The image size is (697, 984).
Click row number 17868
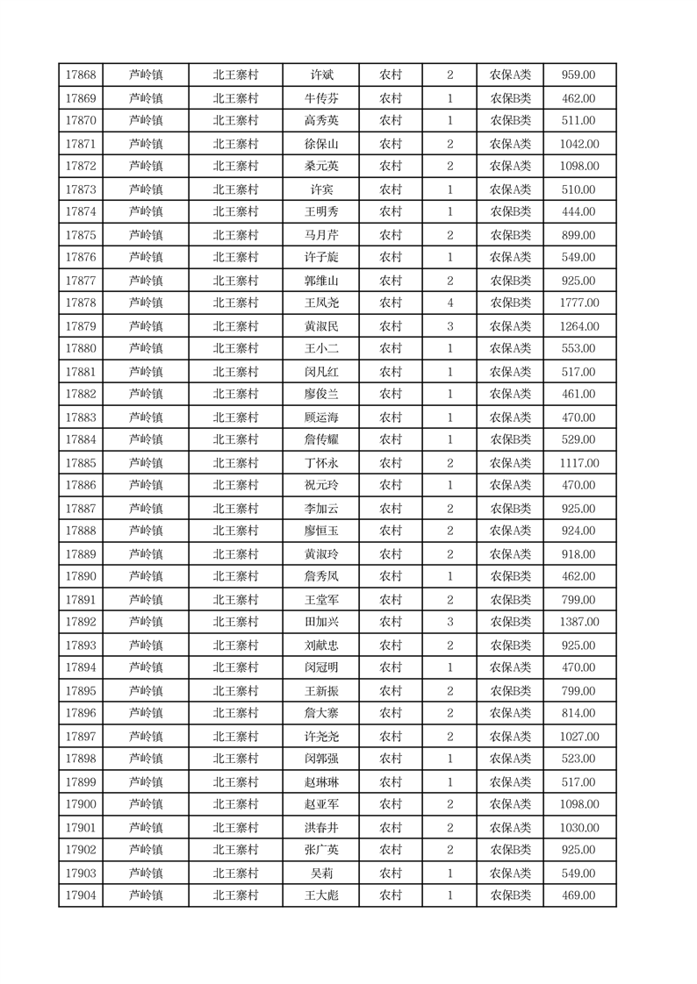[x=81, y=75]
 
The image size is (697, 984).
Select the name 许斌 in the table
[x=320, y=75]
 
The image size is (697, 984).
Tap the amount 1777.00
[x=579, y=303]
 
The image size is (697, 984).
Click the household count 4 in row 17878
[x=450, y=303]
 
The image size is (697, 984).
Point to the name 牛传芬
[x=320, y=98]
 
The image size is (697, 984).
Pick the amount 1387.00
[x=579, y=623]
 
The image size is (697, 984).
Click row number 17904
[x=81, y=895]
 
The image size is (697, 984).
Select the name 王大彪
[x=320, y=895]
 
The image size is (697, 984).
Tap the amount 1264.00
[x=579, y=326]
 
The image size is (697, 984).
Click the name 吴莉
[x=320, y=873]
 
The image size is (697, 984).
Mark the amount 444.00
[x=579, y=212]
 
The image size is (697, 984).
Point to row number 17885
[x=81, y=463]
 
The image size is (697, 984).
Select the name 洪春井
[x=320, y=828]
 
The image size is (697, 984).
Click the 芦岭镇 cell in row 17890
[x=146, y=577]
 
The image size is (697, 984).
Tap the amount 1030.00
[x=579, y=828]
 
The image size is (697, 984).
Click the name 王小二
[x=320, y=349]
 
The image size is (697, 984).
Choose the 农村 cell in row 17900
[x=391, y=805]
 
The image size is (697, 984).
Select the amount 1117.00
[x=579, y=463]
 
